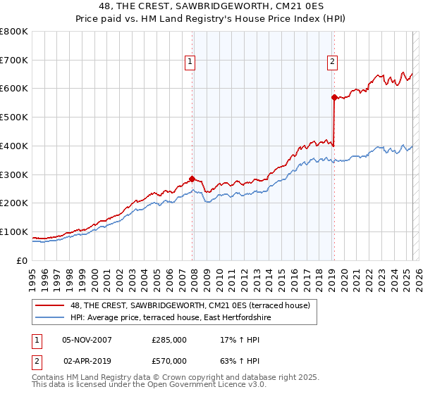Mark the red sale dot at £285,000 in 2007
coord(192,179)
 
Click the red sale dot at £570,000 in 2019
coord(333,98)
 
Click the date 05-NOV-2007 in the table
coord(87,340)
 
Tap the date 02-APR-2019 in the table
coord(87,361)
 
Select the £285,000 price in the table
coord(169,340)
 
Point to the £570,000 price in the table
coord(169,361)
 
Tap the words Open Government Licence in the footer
coord(197,385)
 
